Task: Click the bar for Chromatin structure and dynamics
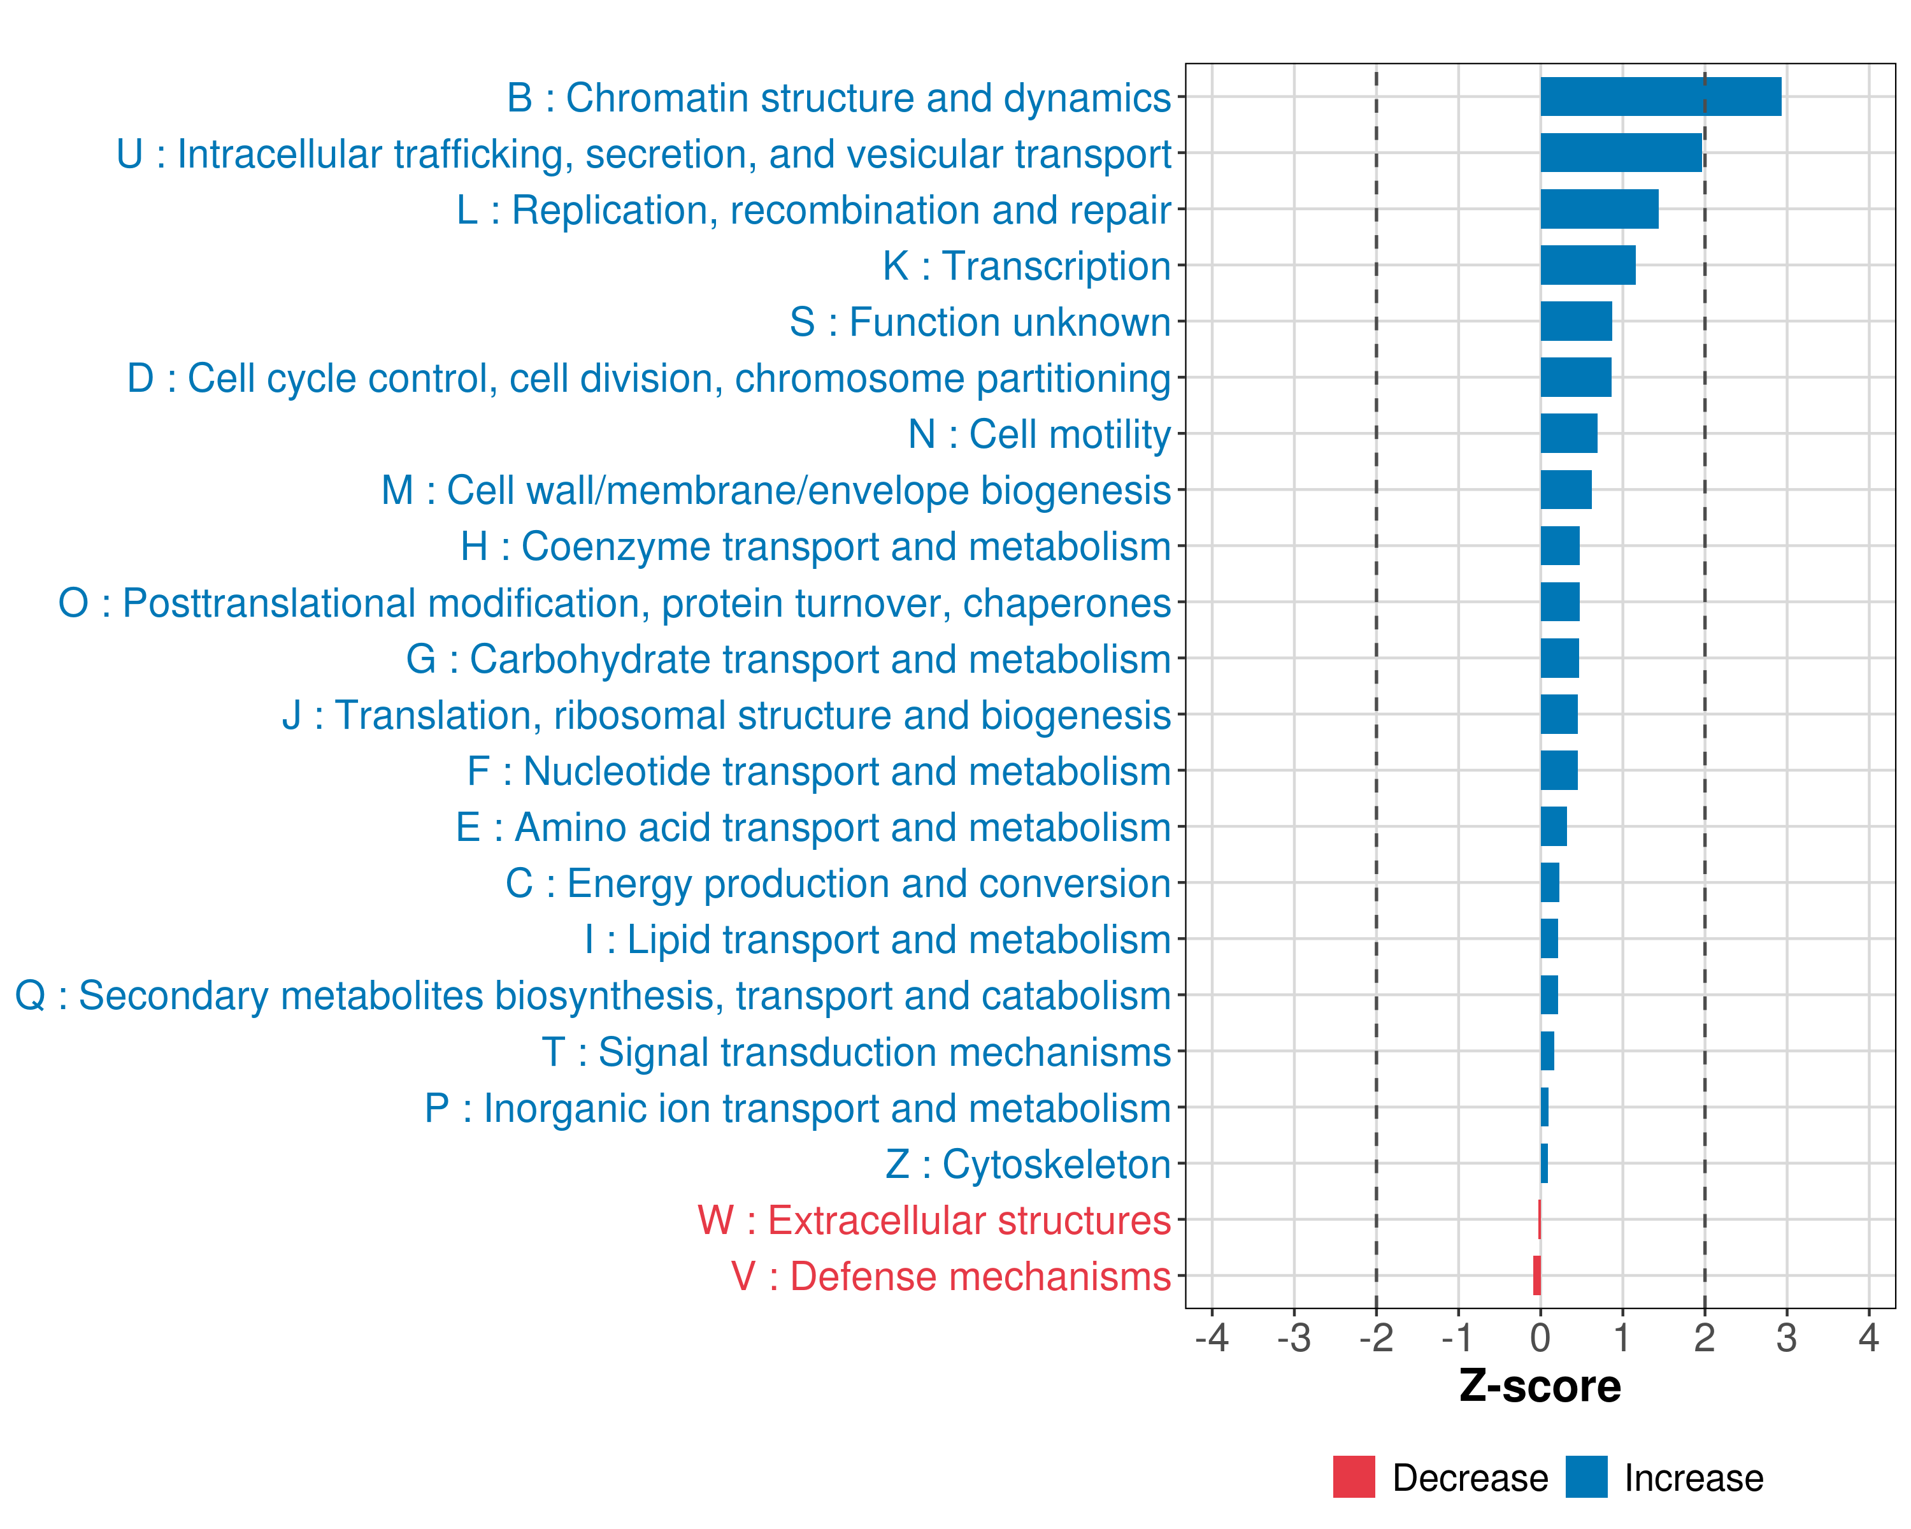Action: [1660, 97]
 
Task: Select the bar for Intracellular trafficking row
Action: [1621, 152]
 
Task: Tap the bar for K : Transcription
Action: [1587, 265]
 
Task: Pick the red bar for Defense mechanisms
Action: [1537, 1275]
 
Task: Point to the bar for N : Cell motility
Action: [1568, 433]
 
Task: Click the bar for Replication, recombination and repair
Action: [1599, 209]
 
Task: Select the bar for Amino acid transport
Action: [1553, 826]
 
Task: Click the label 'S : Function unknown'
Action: [980, 322]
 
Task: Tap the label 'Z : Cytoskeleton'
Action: [1027, 1164]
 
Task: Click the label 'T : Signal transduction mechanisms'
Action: [855, 1052]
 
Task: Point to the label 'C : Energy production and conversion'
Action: [838, 884]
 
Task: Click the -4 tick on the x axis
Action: [1212, 1337]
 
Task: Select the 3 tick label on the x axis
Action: [1786, 1337]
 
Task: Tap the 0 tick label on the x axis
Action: [1540, 1337]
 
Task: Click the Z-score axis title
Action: [1540, 1386]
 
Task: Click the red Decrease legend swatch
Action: [1354, 1477]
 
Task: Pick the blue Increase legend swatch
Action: [1585, 1477]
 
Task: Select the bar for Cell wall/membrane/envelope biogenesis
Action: [1565, 489]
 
